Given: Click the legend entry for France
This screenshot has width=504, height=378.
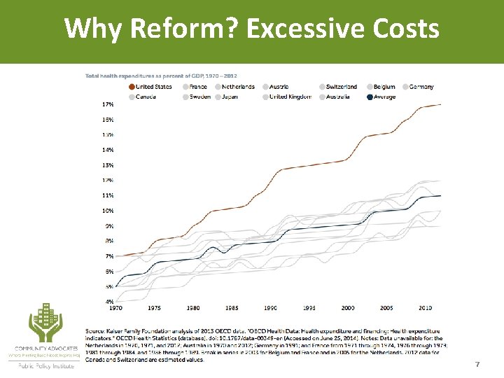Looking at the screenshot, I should click(x=197, y=87).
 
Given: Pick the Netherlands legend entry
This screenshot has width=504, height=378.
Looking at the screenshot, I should click(x=238, y=87).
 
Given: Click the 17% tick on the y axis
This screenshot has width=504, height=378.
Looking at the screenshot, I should click(x=108, y=104).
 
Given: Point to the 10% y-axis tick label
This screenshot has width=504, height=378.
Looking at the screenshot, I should click(x=108, y=211).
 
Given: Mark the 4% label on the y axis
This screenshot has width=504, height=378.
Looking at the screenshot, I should click(x=109, y=302).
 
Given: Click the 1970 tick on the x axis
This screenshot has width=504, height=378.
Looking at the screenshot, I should click(x=115, y=308).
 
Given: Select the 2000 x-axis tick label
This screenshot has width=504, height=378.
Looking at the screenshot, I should click(x=348, y=308).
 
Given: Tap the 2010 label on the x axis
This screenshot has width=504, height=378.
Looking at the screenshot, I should click(x=425, y=308).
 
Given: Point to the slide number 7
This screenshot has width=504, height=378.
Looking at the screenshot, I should click(x=477, y=365).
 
